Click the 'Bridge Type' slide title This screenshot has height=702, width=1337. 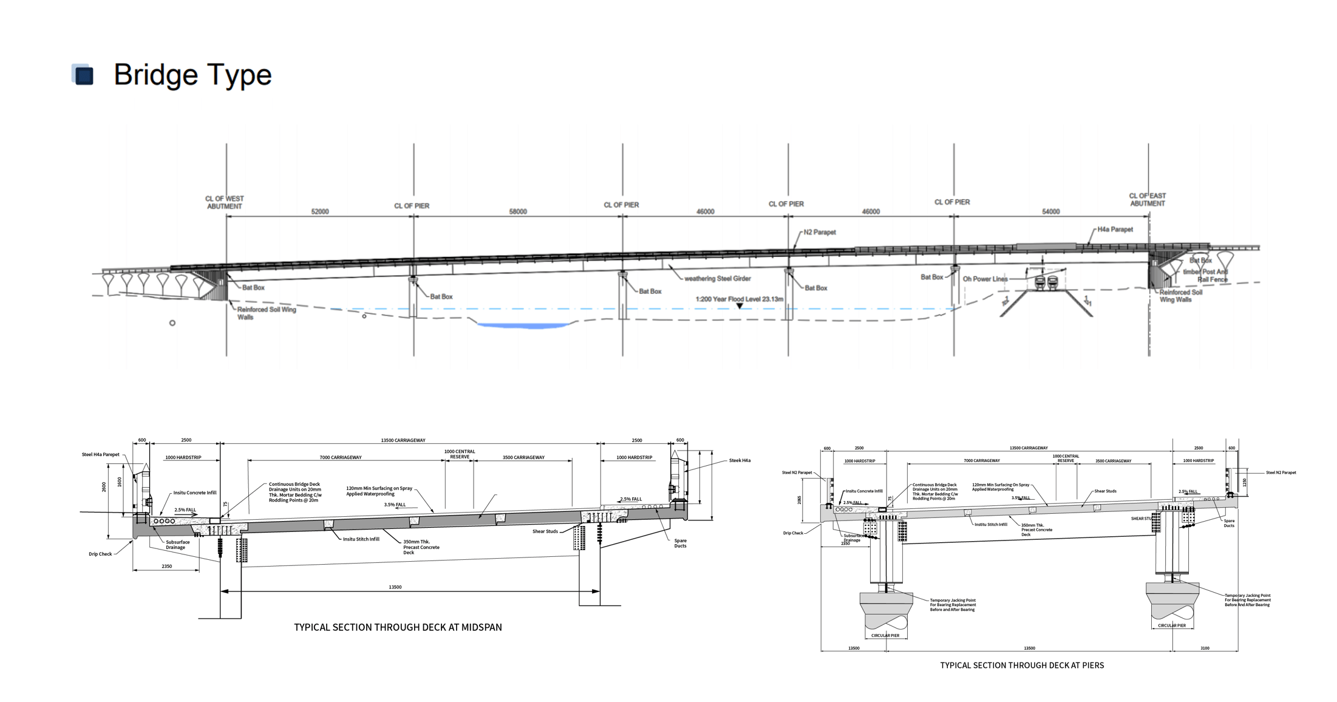pyautogui.click(x=192, y=75)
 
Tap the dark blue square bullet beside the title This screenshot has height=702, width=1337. pyautogui.click(x=83, y=75)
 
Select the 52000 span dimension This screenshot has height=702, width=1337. pyautogui.click(x=320, y=211)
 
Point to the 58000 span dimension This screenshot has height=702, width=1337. pyautogui.click(x=518, y=211)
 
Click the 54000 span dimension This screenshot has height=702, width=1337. pyautogui.click(x=1051, y=211)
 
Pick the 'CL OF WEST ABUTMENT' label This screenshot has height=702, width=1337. pyautogui.click(x=224, y=202)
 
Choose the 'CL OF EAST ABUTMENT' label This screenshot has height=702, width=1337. pyautogui.click(x=1147, y=199)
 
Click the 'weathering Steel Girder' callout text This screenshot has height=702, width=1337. pyautogui.click(x=717, y=279)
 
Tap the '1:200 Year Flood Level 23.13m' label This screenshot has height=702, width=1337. pyautogui.click(x=739, y=299)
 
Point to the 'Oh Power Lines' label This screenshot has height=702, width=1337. pyautogui.click(x=985, y=279)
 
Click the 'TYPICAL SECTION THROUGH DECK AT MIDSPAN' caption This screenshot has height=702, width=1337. pyautogui.click(x=398, y=627)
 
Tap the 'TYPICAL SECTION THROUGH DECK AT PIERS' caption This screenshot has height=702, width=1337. pyautogui.click(x=1022, y=666)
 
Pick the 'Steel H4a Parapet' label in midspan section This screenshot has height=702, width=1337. pyautogui.click(x=101, y=454)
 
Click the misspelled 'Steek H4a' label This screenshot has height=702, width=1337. pyautogui.click(x=740, y=460)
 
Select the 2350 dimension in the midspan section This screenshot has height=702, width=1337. pyautogui.click(x=166, y=566)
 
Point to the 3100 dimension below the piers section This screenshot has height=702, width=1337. pyautogui.click(x=1205, y=648)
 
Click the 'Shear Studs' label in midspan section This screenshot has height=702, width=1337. pyautogui.click(x=545, y=531)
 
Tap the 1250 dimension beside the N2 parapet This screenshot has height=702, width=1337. pyautogui.click(x=1245, y=482)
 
